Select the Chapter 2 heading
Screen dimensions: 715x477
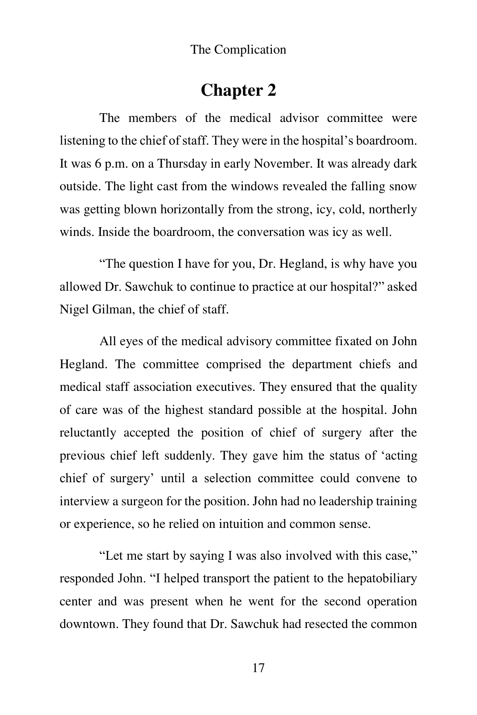[x=238, y=91]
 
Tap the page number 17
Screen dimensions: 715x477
[x=258, y=668]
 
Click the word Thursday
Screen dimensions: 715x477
[x=182, y=164]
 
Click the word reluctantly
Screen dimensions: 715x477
[x=88, y=433]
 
